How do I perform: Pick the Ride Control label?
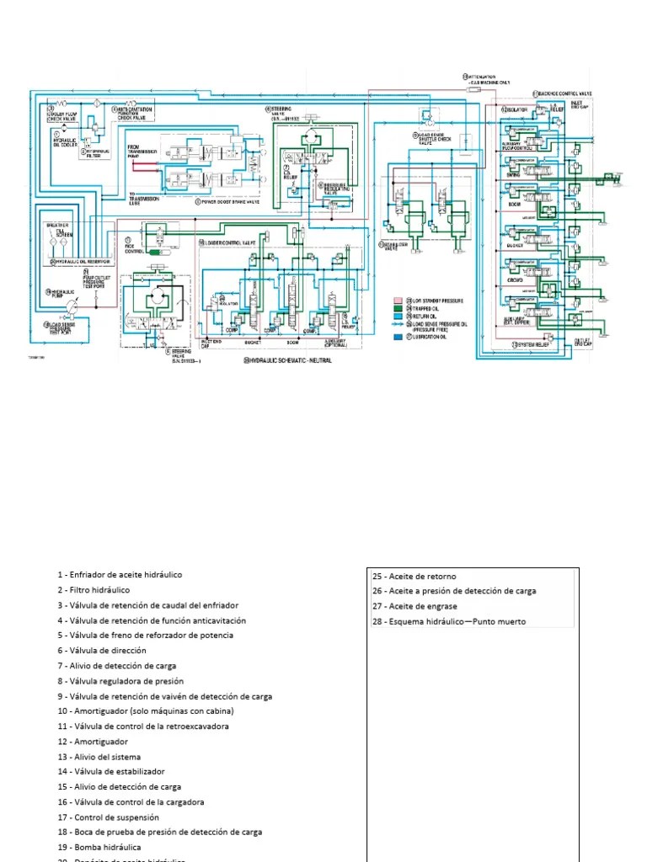[x=134, y=249]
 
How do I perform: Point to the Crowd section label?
[x=516, y=279]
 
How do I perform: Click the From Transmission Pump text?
[x=143, y=152]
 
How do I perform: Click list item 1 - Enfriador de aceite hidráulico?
[x=120, y=575]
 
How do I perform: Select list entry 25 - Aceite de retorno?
[x=414, y=577]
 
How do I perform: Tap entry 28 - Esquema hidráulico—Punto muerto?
[x=449, y=622]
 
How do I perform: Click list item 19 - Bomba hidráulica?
[x=99, y=847]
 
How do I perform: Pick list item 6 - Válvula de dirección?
[x=102, y=651]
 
